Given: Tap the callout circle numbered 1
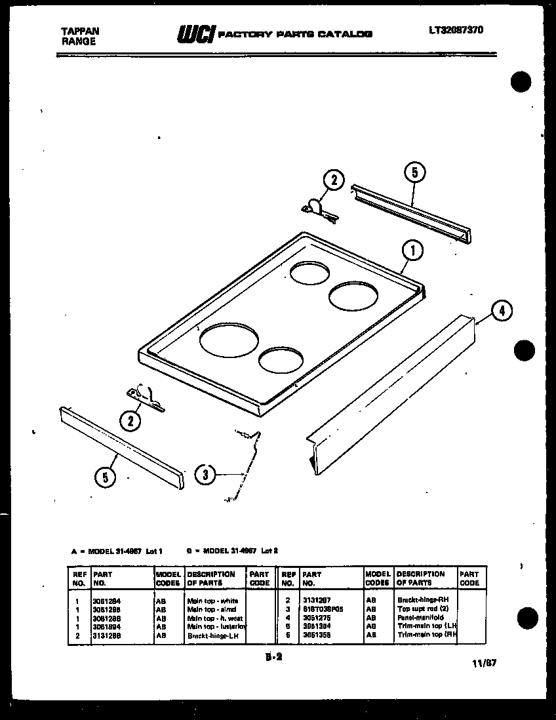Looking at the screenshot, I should coord(412,250).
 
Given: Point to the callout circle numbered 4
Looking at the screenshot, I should coord(501,310).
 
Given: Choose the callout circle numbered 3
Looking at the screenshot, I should coord(206,474).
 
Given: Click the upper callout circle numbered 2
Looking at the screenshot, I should coord(334,180).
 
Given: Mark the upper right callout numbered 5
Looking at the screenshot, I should coord(415,172).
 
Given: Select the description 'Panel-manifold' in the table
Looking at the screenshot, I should coord(420,618).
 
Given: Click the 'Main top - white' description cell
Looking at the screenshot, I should coord(212,600).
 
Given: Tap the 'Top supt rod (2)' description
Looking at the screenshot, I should coord(423,609).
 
